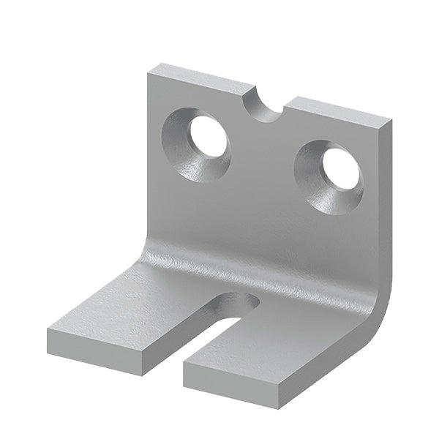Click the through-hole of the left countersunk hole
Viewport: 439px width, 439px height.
tap(209, 135)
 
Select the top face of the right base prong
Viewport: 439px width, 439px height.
tap(293, 344)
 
